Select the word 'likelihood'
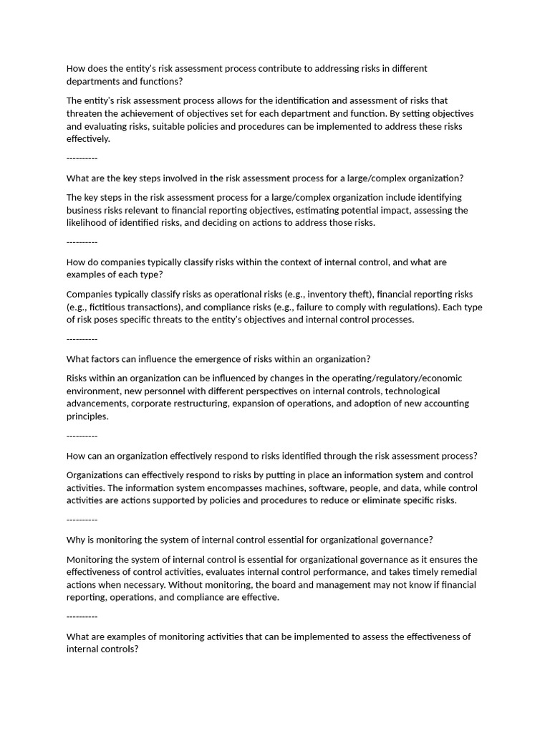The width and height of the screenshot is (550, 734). [88, 223]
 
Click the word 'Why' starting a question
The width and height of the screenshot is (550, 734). [76, 540]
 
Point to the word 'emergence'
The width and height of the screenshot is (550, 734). [199, 359]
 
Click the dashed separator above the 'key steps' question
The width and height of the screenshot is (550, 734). [82, 158]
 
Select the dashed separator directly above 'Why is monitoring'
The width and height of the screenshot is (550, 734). [82, 520]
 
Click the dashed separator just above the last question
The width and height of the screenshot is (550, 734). [82, 616]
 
